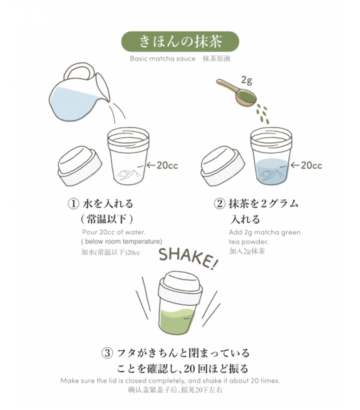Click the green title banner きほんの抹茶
[180, 41]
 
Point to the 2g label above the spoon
[247, 80]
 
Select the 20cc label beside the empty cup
[167, 165]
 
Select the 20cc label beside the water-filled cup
[311, 165]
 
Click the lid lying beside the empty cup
[80, 166]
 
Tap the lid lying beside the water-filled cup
[223, 166]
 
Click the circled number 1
[73, 204]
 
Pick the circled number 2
[219, 204]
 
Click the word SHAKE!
[188, 258]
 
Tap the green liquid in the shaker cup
[177, 322]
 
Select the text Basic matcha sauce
[163, 59]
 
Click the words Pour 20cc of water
[114, 232]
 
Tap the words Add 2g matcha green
[264, 232]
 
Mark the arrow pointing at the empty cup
[151, 165]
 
